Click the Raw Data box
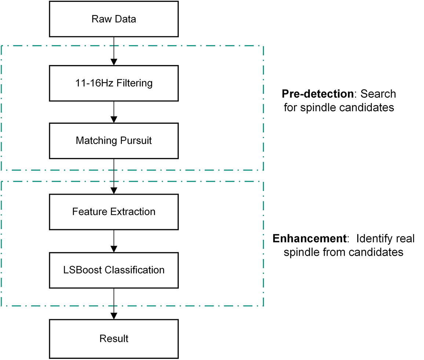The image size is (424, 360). (x=114, y=19)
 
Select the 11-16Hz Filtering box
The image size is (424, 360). (x=114, y=83)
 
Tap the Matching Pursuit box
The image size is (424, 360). (x=114, y=140)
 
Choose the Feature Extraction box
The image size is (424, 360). (x=114, y=212)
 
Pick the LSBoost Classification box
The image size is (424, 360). (x=114, y=270)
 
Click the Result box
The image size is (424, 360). (x=114, y=338)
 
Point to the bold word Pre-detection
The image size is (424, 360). (x=317, y=94)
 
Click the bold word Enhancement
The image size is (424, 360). (x=309, y=239)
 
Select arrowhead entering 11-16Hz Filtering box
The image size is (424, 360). (x=114, y=62)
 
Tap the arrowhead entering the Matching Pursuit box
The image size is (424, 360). (x=114, y=119)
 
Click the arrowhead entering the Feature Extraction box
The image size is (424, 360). (x=114, y=190)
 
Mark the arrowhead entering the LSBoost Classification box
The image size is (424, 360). (x=114, y=249)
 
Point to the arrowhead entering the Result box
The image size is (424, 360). (x=114, y=316)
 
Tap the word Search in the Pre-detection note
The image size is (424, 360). (x=378, y=94)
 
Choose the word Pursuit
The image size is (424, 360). (x=137, y=140)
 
